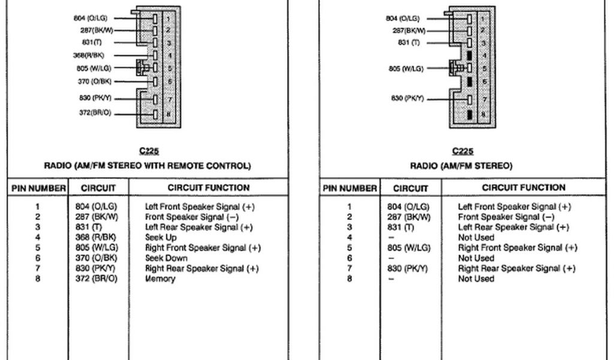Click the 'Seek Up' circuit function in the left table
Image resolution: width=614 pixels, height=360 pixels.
161,238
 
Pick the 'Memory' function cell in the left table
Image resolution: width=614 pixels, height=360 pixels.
160,278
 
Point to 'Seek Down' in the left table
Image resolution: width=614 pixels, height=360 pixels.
166,258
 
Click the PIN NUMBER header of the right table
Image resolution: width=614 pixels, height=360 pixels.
350,188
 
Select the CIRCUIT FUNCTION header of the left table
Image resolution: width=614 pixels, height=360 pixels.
208,188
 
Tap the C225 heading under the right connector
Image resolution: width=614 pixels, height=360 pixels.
462,151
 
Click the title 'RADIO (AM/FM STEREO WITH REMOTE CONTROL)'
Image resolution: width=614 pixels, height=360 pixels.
148,166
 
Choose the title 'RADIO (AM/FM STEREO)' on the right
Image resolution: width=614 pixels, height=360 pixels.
461,166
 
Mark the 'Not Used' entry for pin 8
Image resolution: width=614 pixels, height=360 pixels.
476,278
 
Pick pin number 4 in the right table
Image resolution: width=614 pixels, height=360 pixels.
350,238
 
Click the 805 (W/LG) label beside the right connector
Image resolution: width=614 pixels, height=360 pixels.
405,68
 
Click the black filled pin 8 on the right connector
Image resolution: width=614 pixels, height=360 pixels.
469,113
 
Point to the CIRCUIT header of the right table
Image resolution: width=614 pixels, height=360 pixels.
411,188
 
